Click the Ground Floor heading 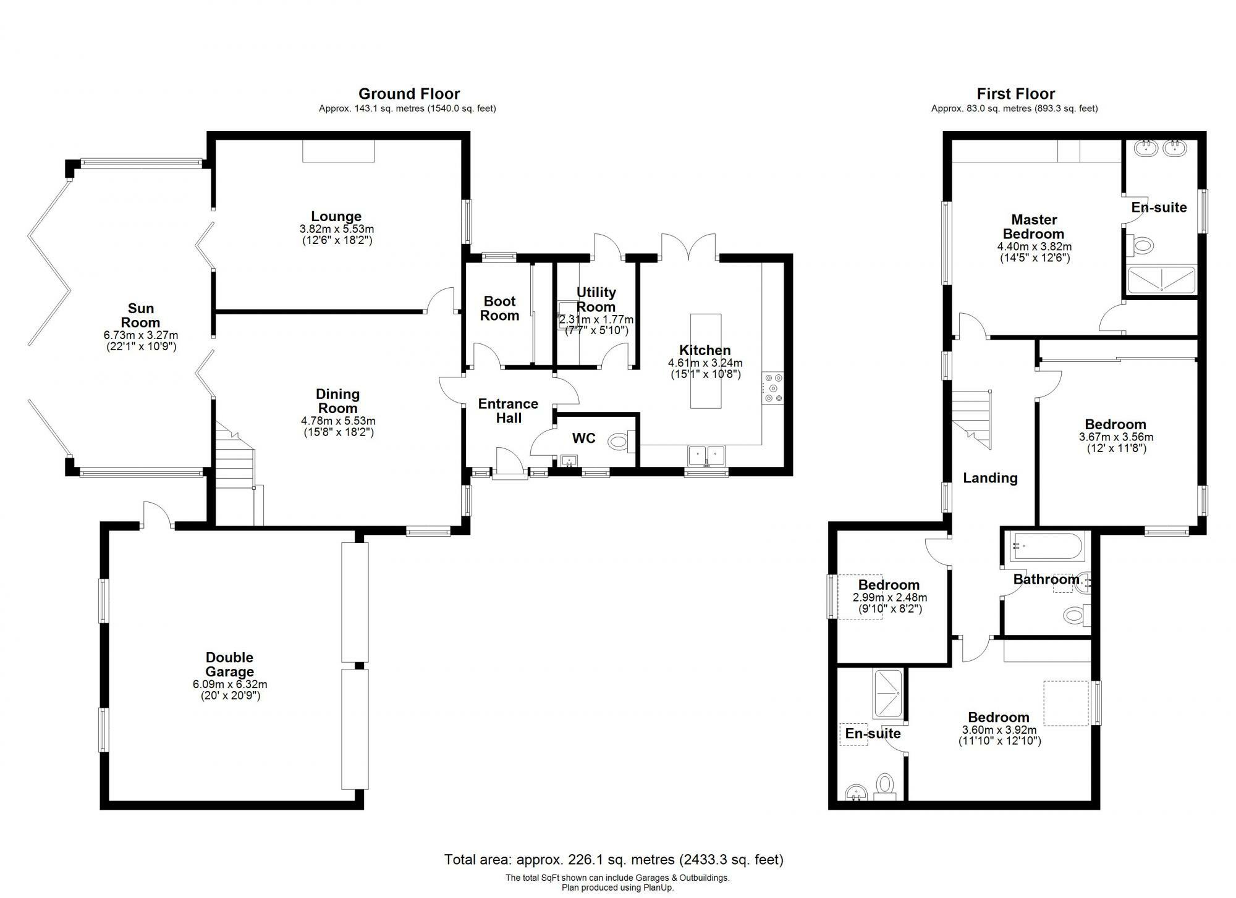point(409,94)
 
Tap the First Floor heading point(1015,94)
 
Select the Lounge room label point(336,216)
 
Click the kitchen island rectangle point(705,361)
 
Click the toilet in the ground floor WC point(619,441)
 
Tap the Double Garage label point(229,665)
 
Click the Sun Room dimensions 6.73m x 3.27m point(141,335)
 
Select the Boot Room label point(499,308)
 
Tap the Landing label point(990,477)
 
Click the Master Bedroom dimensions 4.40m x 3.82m point(1035,246)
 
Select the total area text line point(614,859)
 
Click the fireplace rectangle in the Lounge point(339,151)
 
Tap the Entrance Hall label point(508,411)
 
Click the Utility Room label point(596,299)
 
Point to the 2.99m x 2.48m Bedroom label point(889,585)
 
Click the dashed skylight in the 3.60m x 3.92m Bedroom point(1065,703)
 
